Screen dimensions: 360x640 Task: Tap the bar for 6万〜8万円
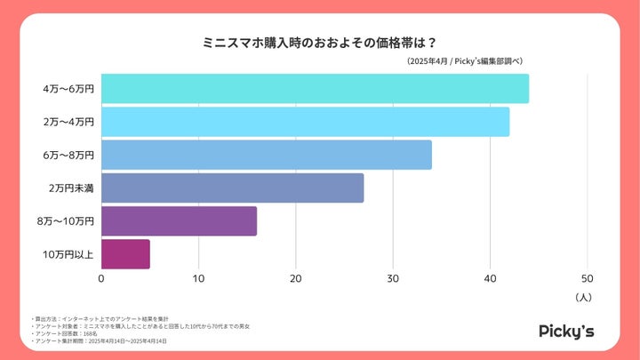pyautogui.click(x=267, y=155)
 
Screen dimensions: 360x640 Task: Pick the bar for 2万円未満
pyautogui.click(x=232, y=188)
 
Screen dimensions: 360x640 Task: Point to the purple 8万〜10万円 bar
pyautogui.click(x=179, y=221)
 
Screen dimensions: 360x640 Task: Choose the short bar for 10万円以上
pyautogui.click(x=125, y=254)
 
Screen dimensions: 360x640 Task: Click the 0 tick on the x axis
pyautogui.click(x=101, y=278)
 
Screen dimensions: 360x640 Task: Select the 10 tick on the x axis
pyautogui.click(x=198, y=278)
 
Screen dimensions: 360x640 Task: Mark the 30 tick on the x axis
pyautogui.click(x=393, y=278)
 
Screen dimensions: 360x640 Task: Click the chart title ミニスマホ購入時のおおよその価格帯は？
pyautogui.click(x=319, y=41)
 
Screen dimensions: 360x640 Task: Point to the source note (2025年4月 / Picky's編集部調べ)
pyautogui.click(x=464, y=60)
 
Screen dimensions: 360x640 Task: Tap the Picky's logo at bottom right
pyautogui.click(x=566, y=331)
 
